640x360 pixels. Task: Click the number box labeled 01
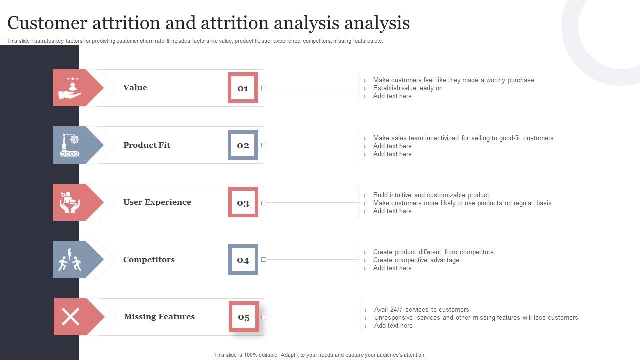(243, 88)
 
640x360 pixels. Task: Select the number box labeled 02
(243, 145)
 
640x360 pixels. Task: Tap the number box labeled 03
(243, 202)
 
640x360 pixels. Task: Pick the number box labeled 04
(243, 260)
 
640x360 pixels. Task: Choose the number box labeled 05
(244, 317)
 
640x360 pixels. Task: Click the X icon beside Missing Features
(70, 317)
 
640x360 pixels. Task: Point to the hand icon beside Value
(70, 88)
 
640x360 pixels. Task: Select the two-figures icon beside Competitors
(70, 260)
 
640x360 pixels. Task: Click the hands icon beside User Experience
(70, 202)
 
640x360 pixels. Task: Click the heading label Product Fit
(147, 145)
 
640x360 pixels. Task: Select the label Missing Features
(159, 317)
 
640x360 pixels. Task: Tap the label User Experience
(157, 202)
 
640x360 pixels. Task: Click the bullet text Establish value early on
(408, 88)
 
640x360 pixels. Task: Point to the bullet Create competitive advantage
(416, 260)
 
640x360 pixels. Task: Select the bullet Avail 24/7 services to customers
(421, 310)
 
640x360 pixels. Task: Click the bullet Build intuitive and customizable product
(431, 195)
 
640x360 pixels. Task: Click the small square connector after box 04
(264, 260)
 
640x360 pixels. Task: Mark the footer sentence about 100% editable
(320, 355)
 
